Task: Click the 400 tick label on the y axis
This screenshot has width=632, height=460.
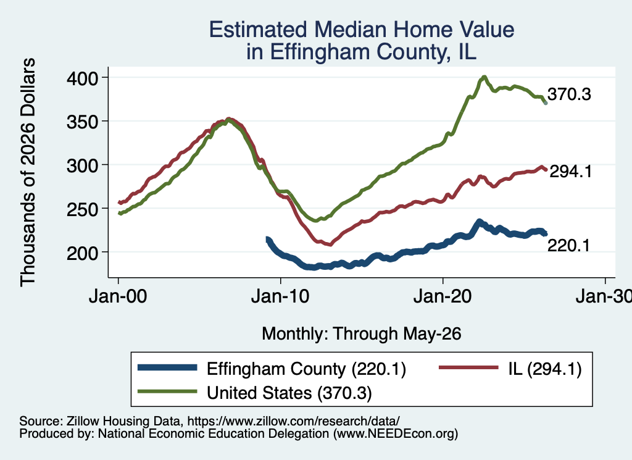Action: (82, 78)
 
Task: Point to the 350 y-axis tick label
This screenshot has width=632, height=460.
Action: (82, 122)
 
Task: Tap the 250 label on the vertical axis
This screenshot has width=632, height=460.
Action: (82, 209)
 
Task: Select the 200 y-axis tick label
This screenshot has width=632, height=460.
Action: (82, 253)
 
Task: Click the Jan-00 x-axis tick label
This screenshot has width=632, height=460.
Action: (118, 297)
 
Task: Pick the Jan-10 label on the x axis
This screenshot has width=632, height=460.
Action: (280, 297)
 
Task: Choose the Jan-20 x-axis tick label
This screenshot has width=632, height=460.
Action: (443, 297)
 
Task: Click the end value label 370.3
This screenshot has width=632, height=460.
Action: (569, 94)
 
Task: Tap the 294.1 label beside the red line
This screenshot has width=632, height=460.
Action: (571, 172)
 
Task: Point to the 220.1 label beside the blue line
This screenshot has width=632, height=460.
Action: (568, 246)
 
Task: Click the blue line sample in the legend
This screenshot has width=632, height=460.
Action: (167, 367)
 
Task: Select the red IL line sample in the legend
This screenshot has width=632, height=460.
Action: (468, 367)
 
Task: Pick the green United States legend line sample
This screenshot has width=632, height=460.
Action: (167, 391)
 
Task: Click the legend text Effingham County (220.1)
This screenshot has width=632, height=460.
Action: (306, 369)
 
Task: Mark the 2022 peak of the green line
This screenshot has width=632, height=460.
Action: (484, 77)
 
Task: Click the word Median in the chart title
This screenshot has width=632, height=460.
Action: (349, 30)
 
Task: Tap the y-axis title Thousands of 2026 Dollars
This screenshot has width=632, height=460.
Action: (28, 172)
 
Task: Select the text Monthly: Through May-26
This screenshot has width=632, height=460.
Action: (362, 334)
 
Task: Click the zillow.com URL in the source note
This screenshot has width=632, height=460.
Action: (293, 421)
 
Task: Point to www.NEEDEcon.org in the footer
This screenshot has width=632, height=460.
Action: (396, 434)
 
